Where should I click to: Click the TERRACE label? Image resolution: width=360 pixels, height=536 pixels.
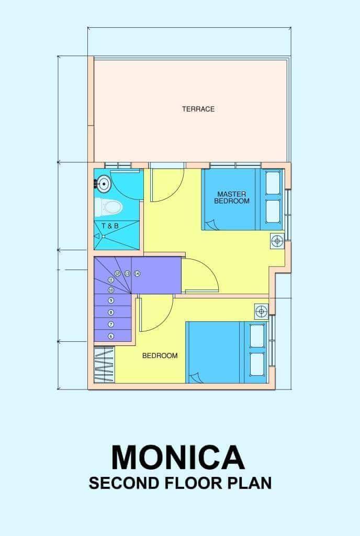click(x=198, y=109)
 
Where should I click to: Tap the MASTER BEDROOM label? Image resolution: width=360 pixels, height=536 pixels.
click(x=232, y=197)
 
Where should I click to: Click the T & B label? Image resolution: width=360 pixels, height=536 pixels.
click(x=110, y=226)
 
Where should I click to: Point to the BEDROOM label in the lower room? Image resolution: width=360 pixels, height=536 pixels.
click(x=160, y=355)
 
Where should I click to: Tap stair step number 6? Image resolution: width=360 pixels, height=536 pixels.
click(x=111, y=336)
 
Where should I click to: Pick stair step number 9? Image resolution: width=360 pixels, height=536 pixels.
click(x=111, y=300)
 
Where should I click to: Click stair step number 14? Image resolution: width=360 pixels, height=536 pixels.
click(x=137, y=274)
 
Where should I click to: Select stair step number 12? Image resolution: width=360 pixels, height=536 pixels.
click(x=118, y=274)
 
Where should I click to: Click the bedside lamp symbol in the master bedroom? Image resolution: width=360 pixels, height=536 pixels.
click(x=278, y=241)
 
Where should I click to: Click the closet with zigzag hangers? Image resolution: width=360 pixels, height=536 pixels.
click(x=104, y=365)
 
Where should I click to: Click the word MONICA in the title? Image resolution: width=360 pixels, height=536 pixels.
click(x=178, y=457)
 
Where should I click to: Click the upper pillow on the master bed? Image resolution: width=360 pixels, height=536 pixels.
click(x=273, y=179)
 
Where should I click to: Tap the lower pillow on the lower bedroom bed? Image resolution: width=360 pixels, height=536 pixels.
click(x=257, y=364)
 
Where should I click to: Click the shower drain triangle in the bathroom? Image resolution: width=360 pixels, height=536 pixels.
click(x=97, y=236)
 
